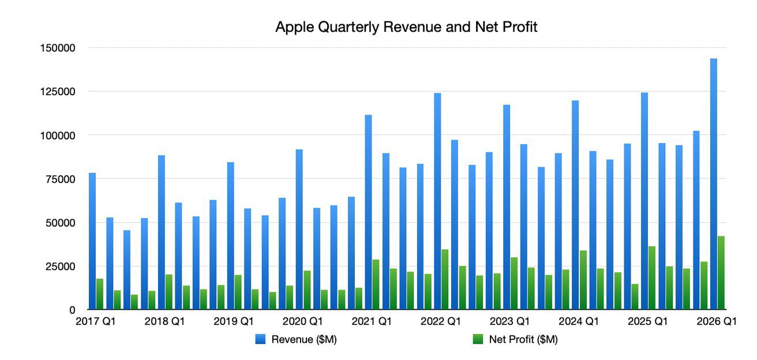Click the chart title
pos(406,27)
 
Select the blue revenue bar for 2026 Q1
pos(714,185)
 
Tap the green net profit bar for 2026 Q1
pos(721,272)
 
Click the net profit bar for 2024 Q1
pos(583,280)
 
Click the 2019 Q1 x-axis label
pos(234,322)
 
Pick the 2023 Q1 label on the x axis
pos(509,322)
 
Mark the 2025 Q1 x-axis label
pos(647,322)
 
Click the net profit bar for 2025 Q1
pos(652,278)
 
